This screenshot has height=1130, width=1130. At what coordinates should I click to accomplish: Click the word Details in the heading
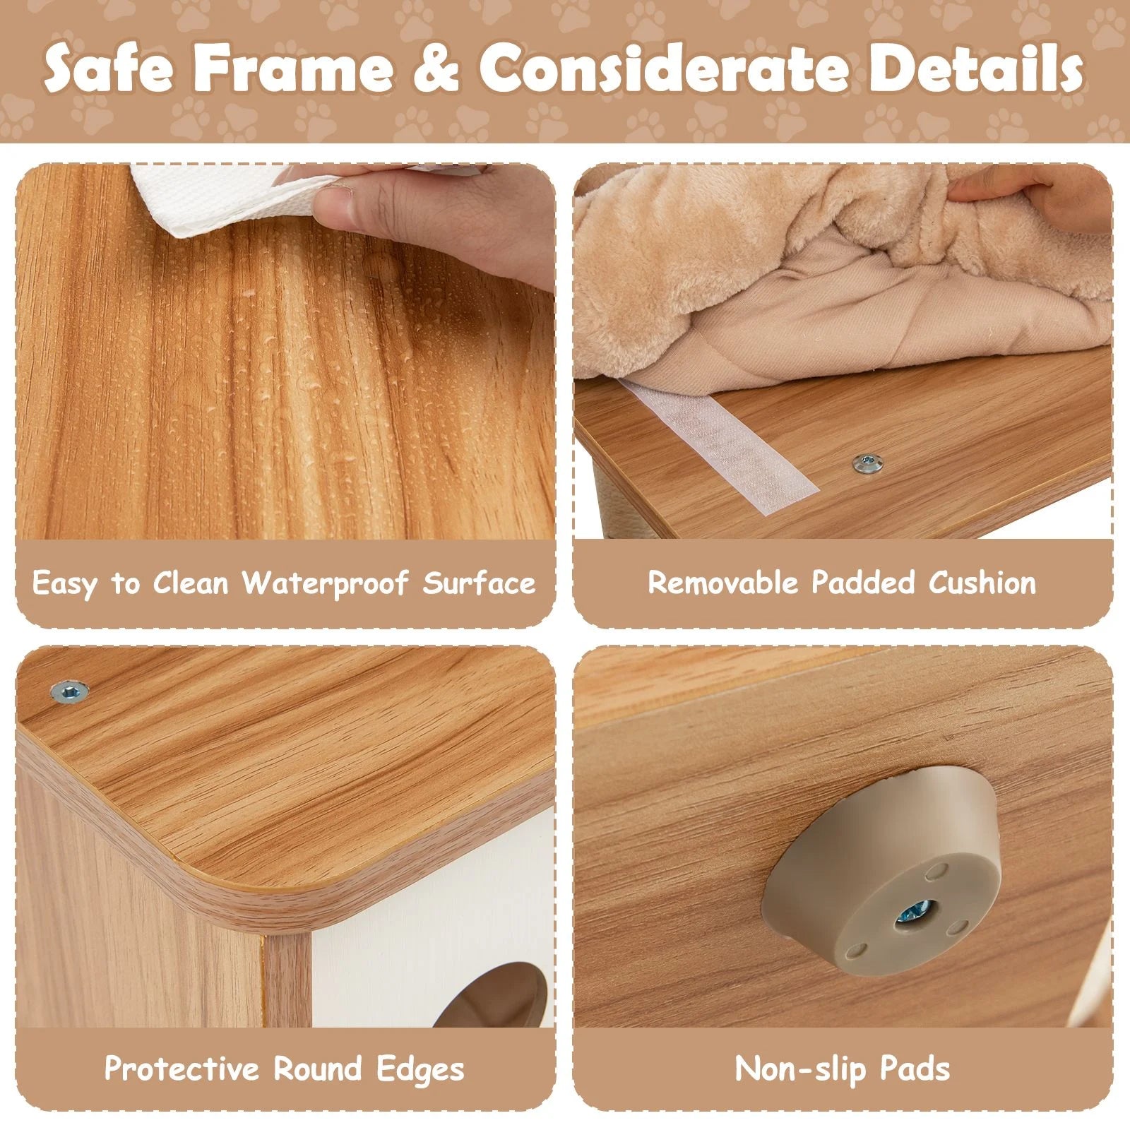tap(975, 69)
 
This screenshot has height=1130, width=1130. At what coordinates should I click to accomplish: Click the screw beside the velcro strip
tap(862, 464)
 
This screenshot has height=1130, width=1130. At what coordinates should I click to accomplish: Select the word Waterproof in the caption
tap(325, 583)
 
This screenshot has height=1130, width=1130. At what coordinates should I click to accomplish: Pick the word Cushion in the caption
tap(982, 583)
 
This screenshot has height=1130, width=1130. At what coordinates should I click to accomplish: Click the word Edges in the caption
tap(420, 1069)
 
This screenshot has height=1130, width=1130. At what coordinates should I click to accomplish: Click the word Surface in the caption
tap(480, 583)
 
